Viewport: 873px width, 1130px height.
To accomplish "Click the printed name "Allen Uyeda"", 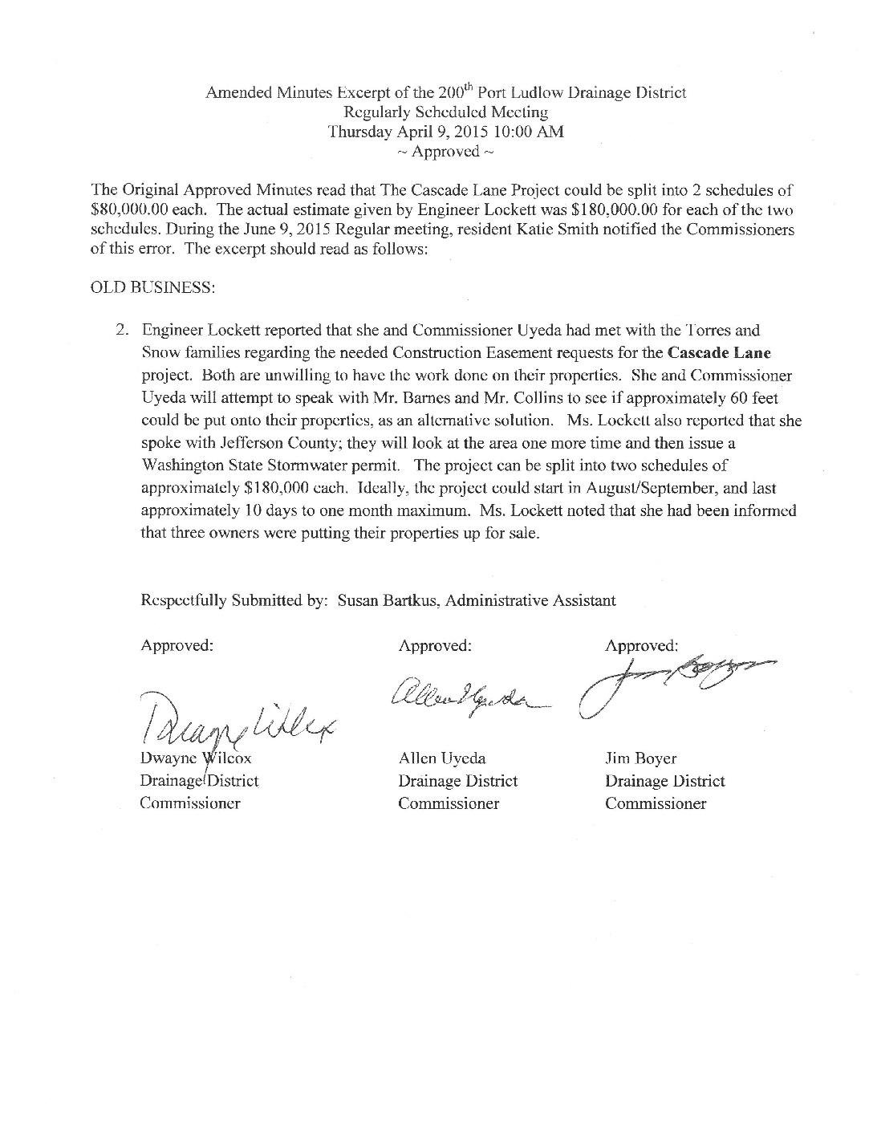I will (x=441, y=758).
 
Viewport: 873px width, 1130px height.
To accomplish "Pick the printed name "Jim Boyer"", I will (x=641, y=758).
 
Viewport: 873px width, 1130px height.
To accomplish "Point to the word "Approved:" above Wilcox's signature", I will (x=177, y=645).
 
